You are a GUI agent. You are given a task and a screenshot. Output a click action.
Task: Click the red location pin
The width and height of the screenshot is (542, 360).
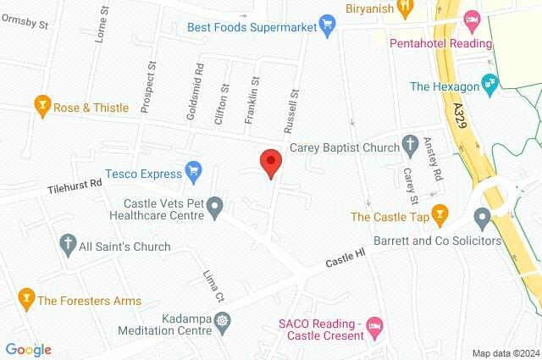coord(270,162)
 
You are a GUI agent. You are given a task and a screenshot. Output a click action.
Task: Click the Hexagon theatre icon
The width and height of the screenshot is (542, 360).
coord(488,83)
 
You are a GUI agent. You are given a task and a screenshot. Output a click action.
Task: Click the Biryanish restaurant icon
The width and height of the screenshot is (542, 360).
coord(406,6)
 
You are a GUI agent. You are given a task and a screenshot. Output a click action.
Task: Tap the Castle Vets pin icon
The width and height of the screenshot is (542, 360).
coord(216,205)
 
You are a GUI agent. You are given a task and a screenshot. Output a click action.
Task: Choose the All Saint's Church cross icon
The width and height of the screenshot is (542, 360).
coord(67,244)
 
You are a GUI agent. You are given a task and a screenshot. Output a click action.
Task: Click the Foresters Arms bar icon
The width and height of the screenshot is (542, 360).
coord(25,297)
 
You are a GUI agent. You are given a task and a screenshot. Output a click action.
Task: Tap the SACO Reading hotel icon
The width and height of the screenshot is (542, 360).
coord(376,325)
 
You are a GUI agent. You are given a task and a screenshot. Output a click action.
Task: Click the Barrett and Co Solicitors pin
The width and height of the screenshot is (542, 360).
coord(483,220)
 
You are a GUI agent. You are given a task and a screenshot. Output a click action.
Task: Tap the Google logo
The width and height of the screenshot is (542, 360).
coord(28,349)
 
